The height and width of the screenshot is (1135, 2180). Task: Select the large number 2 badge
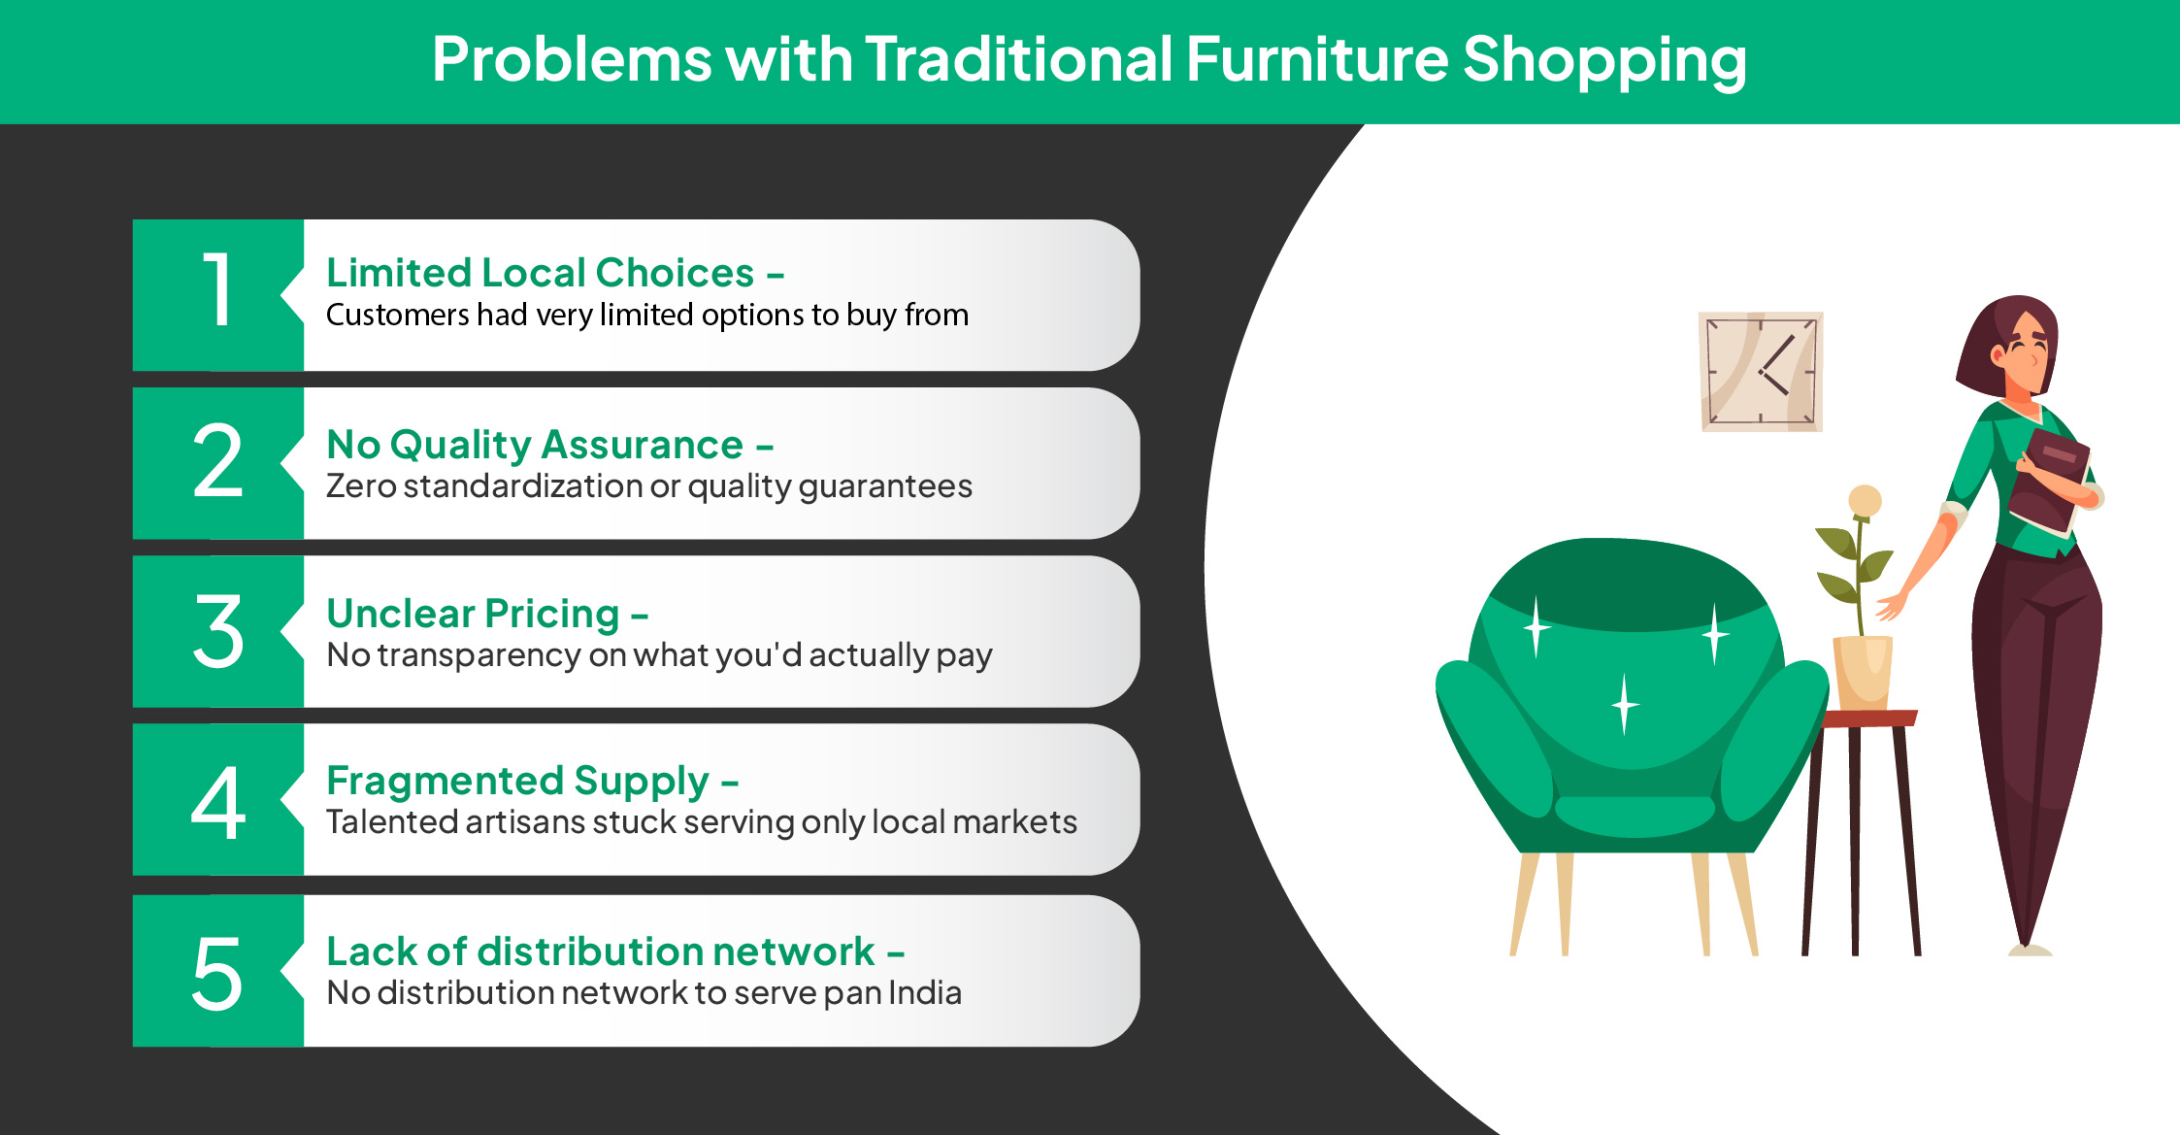pos(218,463)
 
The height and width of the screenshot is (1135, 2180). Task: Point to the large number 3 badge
pos(218,631)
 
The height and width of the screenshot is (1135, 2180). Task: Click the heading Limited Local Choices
pos(541,273)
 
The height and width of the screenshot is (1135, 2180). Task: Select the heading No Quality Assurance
pos(535,445)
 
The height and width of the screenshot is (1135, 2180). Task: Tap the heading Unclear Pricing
pos(473,614)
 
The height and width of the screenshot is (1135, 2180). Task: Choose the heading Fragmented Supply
pos(517,782)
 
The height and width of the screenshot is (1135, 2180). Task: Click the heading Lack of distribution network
pos(601,951)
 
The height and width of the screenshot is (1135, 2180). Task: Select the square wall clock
pos(1761,371)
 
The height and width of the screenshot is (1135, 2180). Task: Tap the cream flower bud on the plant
pos(1865,501)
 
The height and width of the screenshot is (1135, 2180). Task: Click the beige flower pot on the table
pos(1863,672)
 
